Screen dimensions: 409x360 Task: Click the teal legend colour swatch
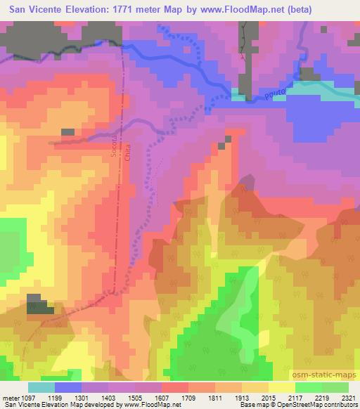[x=41, y=387]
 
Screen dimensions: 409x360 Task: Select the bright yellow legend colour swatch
[x=282, y=387]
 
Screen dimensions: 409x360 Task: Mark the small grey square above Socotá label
[x=67, y=131]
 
